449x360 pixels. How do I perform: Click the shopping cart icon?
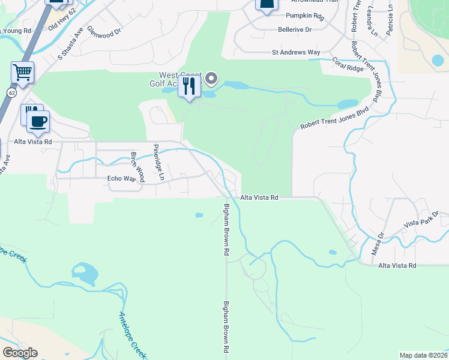point(23,73)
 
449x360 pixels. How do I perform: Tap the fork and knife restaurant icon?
point(189,86)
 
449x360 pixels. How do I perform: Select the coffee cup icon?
point(39,121)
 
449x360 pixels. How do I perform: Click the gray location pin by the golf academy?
point(211,79)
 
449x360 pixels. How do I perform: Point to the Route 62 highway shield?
point(11,92)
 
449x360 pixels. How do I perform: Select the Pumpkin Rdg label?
point(304,16)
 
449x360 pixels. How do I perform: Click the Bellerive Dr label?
point(295,29)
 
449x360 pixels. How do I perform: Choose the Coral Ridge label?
point(348,65)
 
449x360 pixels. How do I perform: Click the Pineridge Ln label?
point(158,162)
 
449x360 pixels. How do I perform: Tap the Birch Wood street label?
point(138,167)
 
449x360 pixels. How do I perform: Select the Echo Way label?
point(122,178)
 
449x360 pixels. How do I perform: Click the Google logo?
point(20,353)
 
